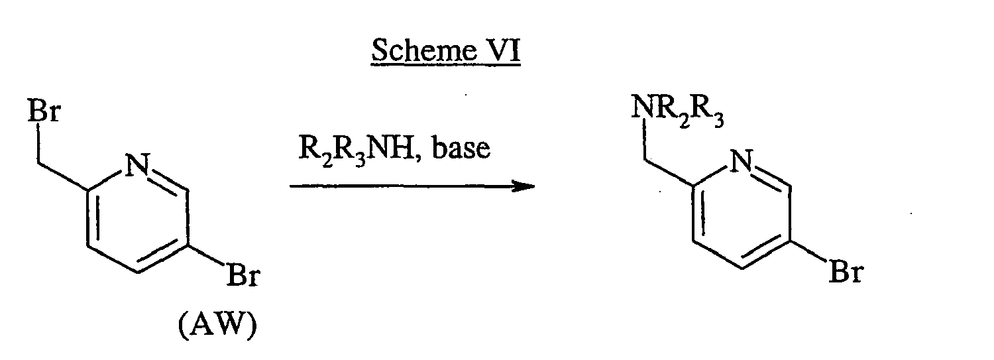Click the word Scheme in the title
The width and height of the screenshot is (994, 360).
point(418,50)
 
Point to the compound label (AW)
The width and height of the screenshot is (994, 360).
point(217,326)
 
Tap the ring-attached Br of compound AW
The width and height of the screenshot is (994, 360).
point(243,275)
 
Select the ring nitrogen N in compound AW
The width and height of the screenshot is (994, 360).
point(138,164)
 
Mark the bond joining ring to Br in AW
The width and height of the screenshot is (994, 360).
point(205,255)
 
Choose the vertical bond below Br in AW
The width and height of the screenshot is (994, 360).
point(38,144)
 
